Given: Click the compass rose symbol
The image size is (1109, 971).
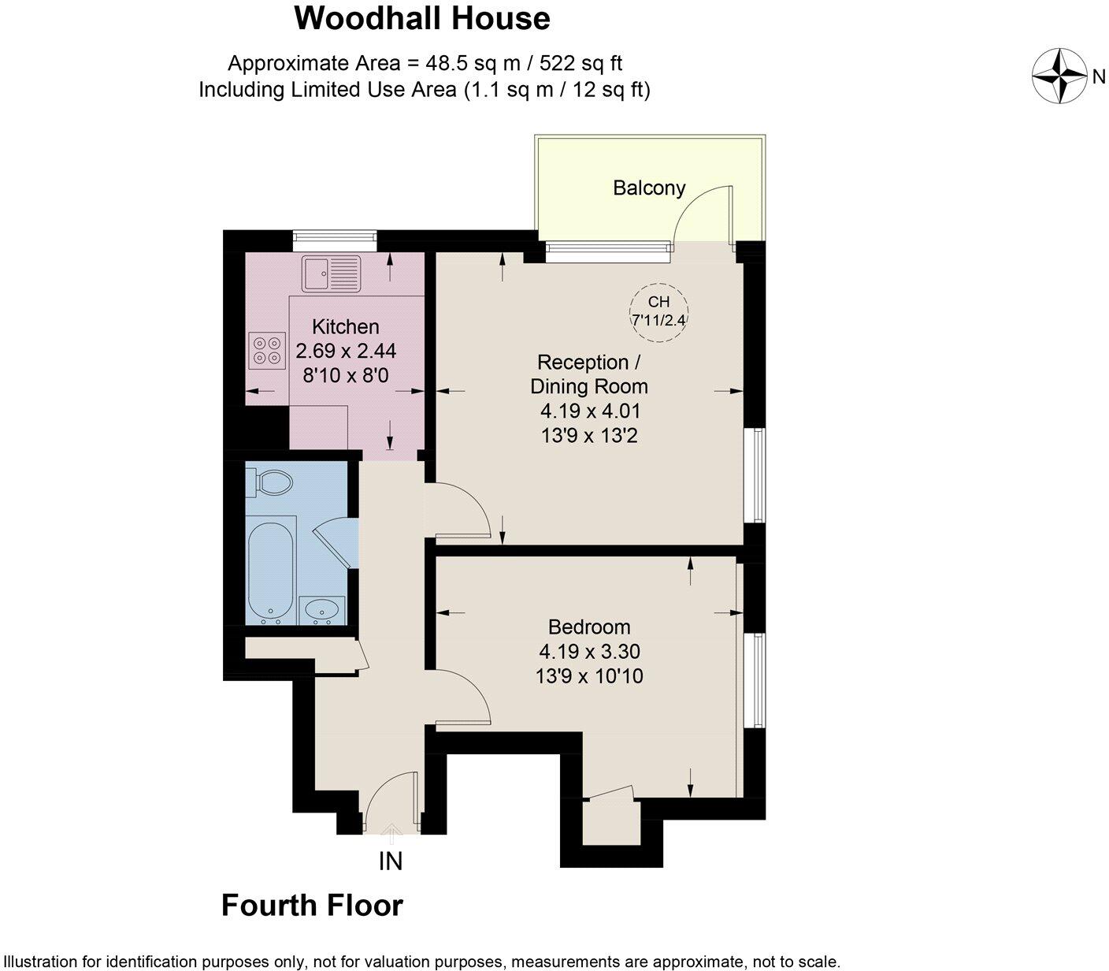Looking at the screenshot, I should click(1059, 76).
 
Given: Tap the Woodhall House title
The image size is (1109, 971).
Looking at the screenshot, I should click(422, 18).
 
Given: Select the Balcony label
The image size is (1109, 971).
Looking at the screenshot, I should click(649, 188).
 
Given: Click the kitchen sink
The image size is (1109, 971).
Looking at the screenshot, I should click(331, 273).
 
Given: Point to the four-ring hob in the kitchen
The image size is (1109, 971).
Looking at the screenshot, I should click(265, 351).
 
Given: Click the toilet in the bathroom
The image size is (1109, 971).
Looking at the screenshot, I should click(270, 481).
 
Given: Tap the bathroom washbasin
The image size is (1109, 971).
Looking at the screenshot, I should click(321, 609).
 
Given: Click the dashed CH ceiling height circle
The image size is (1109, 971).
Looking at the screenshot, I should click(658, 311).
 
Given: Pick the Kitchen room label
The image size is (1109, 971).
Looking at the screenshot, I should click(345, 326).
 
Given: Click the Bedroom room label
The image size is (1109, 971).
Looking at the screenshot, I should click(589, 627).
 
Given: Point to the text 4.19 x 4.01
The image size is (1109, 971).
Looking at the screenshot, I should click(589, 411).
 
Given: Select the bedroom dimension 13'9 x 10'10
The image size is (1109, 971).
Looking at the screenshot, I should click(589, 675).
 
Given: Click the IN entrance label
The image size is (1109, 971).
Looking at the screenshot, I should click(391, 861).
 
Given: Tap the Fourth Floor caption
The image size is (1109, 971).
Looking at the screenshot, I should click(312, 905).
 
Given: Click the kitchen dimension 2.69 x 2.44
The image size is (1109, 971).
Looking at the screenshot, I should click(345, 351).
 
